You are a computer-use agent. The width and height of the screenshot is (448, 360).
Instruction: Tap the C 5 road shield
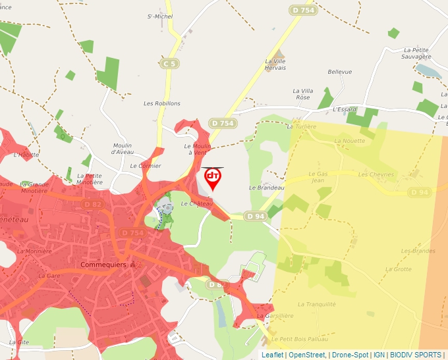point(170,64)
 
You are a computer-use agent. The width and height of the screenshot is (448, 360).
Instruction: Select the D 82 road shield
point(93,205)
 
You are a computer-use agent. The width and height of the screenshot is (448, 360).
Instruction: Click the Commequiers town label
point(102,265)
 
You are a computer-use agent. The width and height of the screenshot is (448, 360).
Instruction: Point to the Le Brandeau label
point(266,188)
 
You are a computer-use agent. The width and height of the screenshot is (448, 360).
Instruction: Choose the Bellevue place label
point(340,72)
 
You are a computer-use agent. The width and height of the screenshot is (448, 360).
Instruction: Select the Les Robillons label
point(162,104)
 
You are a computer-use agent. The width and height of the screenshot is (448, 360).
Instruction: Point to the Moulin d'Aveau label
point(123,149)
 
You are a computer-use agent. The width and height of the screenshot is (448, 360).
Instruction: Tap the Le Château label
point(197,204)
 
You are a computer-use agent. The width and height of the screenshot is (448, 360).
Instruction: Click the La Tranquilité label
point(317,304)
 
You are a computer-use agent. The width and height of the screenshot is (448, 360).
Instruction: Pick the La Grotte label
point(398,269)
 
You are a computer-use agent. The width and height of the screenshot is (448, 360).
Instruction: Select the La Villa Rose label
point(302,94)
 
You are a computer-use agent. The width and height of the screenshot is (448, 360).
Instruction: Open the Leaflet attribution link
point(273,355)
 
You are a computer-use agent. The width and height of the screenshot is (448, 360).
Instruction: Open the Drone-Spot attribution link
point(349,355)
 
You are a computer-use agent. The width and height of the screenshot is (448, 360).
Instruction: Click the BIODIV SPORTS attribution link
point(415,355)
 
